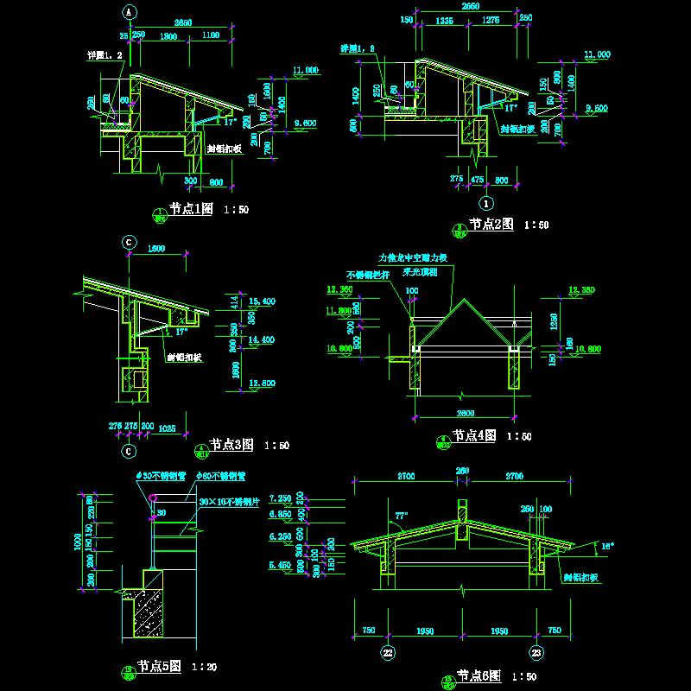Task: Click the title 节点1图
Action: point(190,209)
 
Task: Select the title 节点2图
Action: point(491,225)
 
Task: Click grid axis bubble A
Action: point(129,12)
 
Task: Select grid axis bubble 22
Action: point(389,653)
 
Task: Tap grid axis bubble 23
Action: point(536,653)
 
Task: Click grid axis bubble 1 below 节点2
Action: point(486,204)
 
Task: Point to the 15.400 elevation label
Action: point(261,301)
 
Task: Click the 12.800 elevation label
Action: point(261,383)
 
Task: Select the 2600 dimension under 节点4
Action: point(467,411)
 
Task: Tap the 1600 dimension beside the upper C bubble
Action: point(157,249)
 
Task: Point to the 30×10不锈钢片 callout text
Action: point(230,500)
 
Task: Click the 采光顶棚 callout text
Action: point(420,271)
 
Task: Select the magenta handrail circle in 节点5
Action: point(152,498)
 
